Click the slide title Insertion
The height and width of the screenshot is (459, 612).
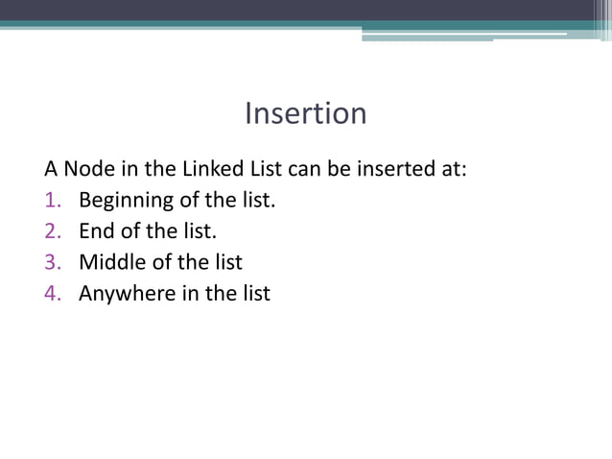point(305,113)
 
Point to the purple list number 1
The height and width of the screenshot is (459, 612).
point(52,202)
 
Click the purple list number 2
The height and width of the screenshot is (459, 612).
point(52,232)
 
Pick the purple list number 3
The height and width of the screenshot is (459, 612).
point(52,262)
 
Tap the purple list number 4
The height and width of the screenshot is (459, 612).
point(52,293)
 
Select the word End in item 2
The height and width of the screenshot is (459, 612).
point(95,232)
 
